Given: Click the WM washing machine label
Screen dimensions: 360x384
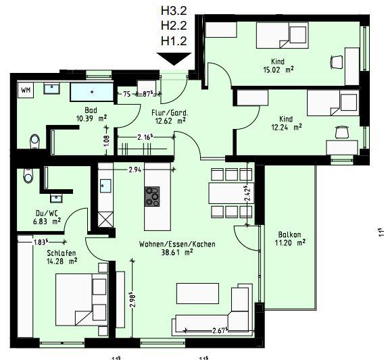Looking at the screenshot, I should tap(26, 89).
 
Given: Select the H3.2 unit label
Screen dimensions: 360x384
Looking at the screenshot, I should tap(173, 11).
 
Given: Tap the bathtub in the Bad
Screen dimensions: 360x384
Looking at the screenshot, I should tap(94, 93).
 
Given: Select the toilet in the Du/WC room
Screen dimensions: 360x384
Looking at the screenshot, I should tap(26, 174).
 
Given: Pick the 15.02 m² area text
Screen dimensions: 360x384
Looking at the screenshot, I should tap(278, 68).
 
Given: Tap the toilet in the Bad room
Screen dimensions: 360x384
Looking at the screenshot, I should tap(34, 140).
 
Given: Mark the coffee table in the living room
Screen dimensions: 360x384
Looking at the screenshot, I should tap(197, 294).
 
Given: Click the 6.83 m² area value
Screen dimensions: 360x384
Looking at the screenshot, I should tap(48, 220).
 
